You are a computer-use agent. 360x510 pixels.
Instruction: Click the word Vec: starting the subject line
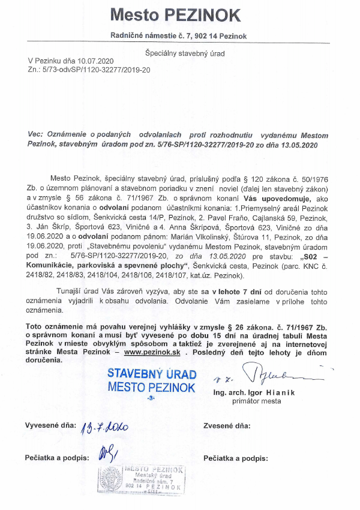coord(38,136)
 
